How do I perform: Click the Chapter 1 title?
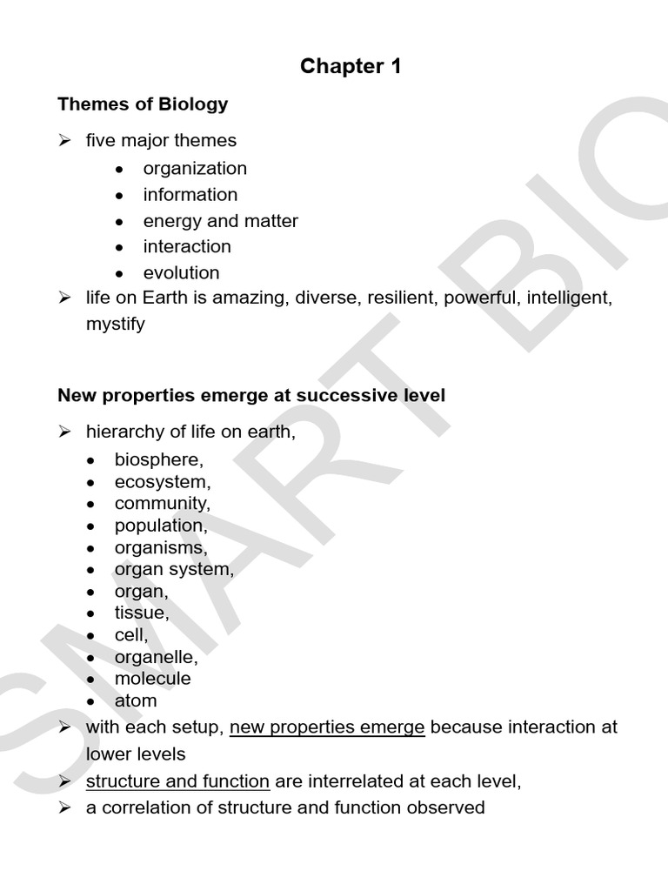[351, 66]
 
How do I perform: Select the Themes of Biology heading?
[143, 104]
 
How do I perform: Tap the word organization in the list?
[195, 168]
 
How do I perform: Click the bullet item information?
[190, 194]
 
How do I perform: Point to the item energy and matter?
[221, 221]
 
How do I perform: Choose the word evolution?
[181, 272]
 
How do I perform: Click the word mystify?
[116, 325]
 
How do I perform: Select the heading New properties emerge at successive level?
[251, 396]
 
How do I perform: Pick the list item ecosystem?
[163, 481]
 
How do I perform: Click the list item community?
[163, 503]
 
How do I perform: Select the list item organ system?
[174, 570]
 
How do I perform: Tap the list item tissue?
[142, 613]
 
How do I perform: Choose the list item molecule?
[152, 678]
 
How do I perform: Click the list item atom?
[136, 700]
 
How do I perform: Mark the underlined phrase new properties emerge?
[327, 727]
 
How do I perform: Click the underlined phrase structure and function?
[177, 781]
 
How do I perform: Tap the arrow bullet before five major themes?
[64, 140]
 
